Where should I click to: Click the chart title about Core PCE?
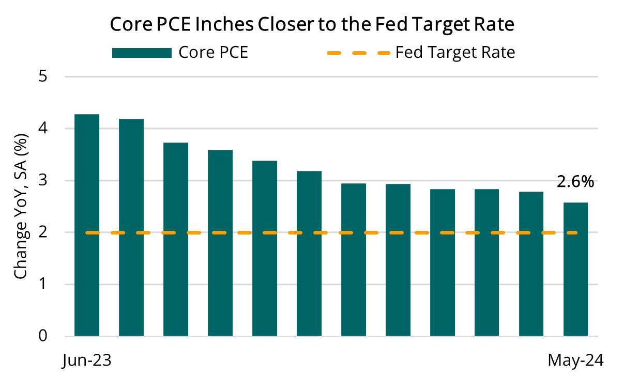click(x=313, y=24)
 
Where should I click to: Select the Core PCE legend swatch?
click(x=141, y=53)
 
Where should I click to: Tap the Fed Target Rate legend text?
click(x=455, y=53)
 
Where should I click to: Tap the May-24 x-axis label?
click(x=575, y=360)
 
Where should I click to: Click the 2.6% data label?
click(x=575, y=182)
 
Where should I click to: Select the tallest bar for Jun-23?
click(x=87, y=225)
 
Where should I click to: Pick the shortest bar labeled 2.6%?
click(x=575, y=269)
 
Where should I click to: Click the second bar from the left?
click(x=131, y=227)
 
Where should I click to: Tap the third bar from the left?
click(x=176, y=239)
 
